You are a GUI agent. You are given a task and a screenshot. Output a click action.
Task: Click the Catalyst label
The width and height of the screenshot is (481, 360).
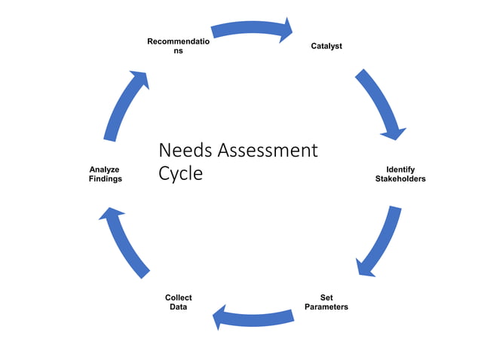pyautogui.click(x=326, y=46)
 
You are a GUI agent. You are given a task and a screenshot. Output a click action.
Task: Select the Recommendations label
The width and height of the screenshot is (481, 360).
pyautogui.click(x=178, y=45)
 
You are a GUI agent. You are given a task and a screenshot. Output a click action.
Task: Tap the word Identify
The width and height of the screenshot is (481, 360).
pyautogui.click(x=400, y=169)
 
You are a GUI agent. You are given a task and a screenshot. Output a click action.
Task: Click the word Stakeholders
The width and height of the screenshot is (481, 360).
pyautogui.click(x=400, y=179)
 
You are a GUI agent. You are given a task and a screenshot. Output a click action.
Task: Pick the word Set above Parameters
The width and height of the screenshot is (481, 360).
pyautogui.click(x=326, y=297)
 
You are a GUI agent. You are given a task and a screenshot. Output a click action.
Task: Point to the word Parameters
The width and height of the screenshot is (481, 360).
pyautogui.click(x=326, y=307)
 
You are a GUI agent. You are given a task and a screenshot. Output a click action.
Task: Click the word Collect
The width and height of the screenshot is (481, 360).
pyautogui.click(x=178, y=297)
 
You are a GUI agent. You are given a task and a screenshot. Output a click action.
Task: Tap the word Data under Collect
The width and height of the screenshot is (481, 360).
pyautogui.click(x=178, y=307)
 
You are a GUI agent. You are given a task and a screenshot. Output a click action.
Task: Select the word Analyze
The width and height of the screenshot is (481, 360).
pyautogui.click(x=104, y=169)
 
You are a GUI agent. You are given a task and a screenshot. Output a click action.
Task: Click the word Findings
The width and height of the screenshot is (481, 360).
pyautogui.click(x=104, y=179)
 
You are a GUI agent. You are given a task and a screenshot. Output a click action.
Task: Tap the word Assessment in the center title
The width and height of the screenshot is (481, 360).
pyautogui.click(x=267, y=150)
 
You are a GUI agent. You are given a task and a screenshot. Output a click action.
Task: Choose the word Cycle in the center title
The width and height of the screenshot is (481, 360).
pyautogui.click(x=181, y=173)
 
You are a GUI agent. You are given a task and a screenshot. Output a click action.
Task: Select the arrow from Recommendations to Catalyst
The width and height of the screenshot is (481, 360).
pyautogui.click(x=249, y=29)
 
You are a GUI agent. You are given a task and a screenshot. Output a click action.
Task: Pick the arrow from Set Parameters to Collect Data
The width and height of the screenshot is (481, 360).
pyautogui.click(x=253, y=317)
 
